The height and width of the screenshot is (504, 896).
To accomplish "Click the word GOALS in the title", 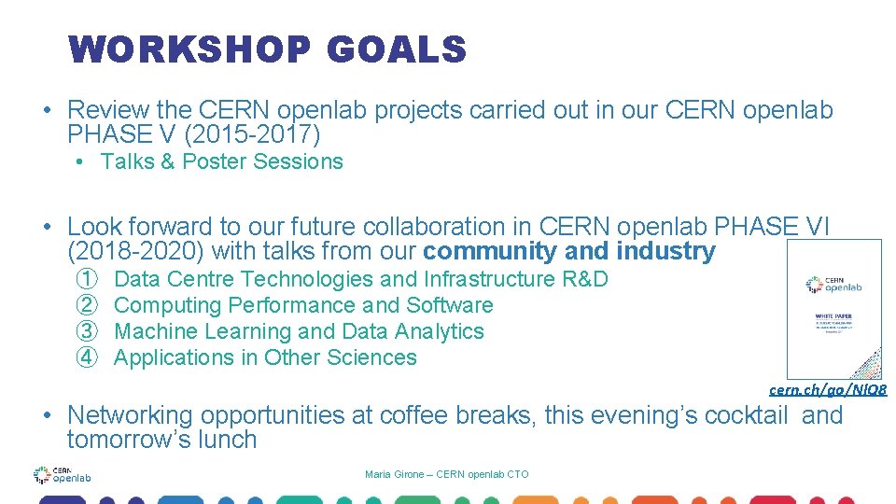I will coord(396,49).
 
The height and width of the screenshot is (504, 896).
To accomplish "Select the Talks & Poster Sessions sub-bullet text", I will coord(221,161).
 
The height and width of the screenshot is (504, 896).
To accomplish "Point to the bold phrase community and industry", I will coord(568,251).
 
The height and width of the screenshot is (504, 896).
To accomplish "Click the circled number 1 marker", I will coord(87,279).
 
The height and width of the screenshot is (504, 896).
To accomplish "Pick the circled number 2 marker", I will coord(87,305).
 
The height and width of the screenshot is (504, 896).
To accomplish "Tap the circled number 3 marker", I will coord(87,331).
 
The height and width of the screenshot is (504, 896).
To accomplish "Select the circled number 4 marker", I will coord(87,357).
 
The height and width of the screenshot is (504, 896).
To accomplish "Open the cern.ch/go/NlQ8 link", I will coord(827,389).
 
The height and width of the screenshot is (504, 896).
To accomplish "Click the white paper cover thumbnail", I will coord(833,309).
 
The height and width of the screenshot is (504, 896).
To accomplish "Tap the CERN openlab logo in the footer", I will coord(62,476).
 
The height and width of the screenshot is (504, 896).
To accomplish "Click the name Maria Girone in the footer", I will coord(390,475).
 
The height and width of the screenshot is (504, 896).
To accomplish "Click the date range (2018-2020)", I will coord(138,251).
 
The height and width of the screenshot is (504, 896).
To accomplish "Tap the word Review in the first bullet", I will coord(104,110).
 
